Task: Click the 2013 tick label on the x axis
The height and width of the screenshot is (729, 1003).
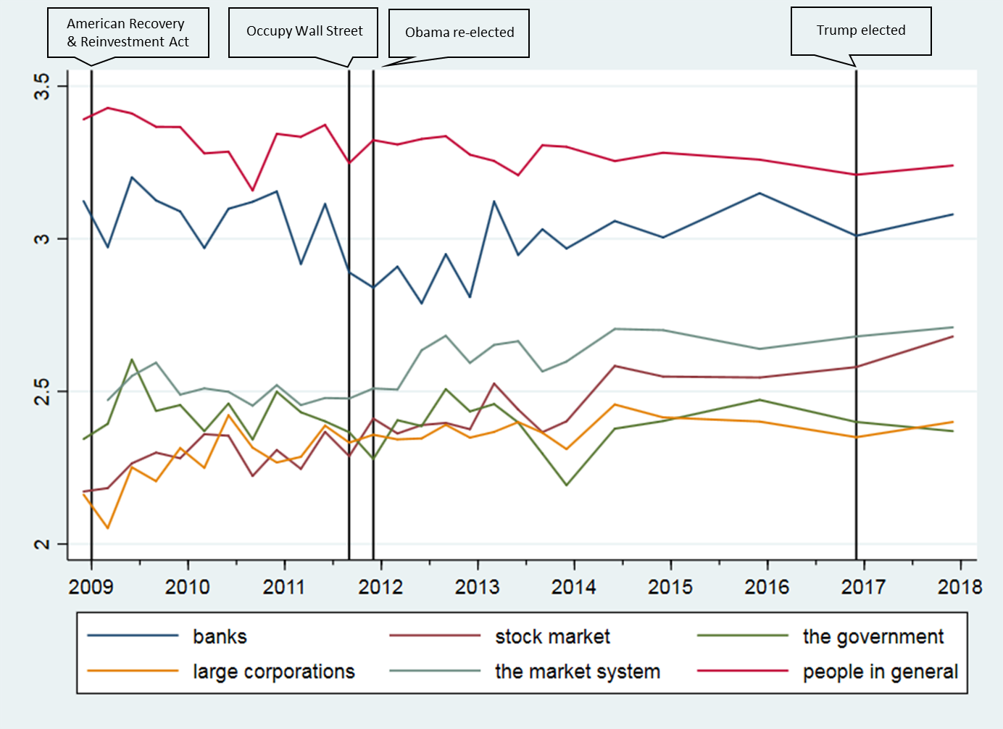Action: [x=477, y=586]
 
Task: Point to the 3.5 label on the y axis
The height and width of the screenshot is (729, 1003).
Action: [x=43, y=86]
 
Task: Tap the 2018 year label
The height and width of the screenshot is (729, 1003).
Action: [x=960, y=586]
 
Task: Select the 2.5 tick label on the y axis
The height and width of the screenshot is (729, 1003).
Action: [x=43, y=391]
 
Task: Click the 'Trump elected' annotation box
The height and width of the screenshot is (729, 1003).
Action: [x=861, y=31]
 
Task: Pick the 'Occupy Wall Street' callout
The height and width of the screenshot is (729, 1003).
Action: [x=304, y=32]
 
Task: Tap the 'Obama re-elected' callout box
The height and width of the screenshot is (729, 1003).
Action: [x=459, y=33]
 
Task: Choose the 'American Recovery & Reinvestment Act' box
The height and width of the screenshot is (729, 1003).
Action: [x=128, y=33]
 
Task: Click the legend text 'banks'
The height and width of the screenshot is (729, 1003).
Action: [x=220, y=637]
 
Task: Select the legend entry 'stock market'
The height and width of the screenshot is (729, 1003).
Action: [x=552, y=637]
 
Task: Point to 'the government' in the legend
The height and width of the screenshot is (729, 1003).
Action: [x=873, y=637]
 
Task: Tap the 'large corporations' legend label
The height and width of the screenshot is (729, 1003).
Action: [x=273, y=672]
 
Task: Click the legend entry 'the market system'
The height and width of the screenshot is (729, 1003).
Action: [x=578, y=672]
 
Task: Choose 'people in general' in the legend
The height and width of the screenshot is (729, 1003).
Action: [x=880, y=672]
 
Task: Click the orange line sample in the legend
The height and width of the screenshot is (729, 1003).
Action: [x=133, y=671]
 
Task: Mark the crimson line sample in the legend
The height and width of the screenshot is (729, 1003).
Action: [x=743, y=671]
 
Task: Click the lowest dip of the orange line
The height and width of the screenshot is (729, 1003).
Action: [x=108, y=528]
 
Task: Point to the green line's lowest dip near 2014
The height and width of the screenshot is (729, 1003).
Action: [x=567, y=485]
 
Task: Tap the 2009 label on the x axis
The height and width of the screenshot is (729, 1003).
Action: [x=91, y=586]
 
